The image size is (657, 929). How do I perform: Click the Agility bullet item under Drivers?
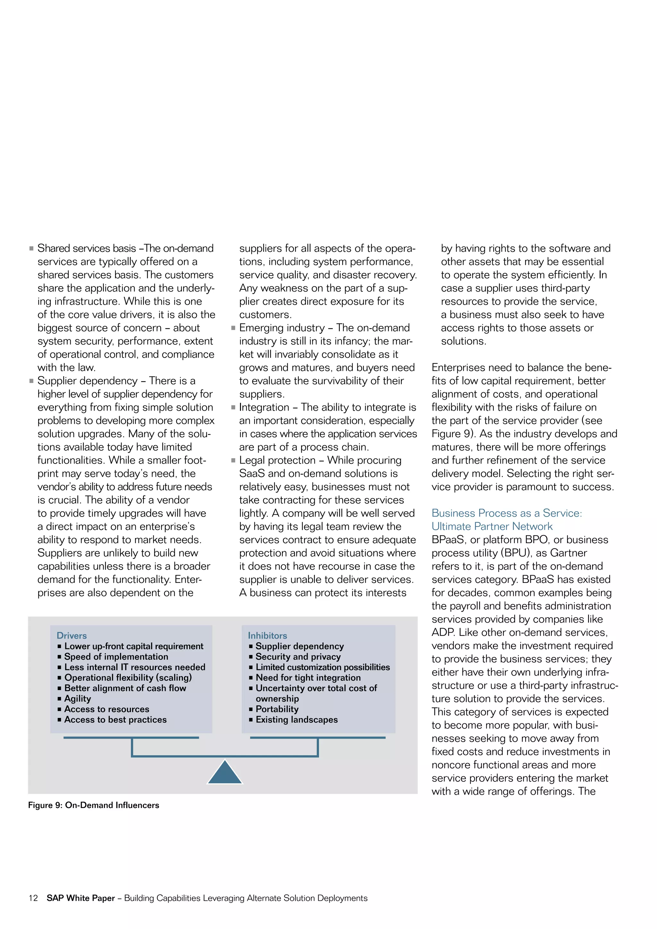tap(77, 698)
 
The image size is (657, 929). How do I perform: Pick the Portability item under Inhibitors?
tap(277, 709)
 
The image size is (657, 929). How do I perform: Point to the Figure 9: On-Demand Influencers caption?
tap(93, 805)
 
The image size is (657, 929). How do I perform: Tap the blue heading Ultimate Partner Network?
tap(491, 526)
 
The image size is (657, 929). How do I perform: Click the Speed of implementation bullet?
tap(116, 656)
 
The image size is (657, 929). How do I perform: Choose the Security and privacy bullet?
tap(298, 656)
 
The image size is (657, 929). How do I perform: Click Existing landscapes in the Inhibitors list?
tap(296, 720)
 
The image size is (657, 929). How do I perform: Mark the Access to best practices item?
tap(115, 720)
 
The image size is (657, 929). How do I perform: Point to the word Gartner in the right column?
tap(568, 553)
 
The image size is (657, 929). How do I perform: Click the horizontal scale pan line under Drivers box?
tap(131, 737)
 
